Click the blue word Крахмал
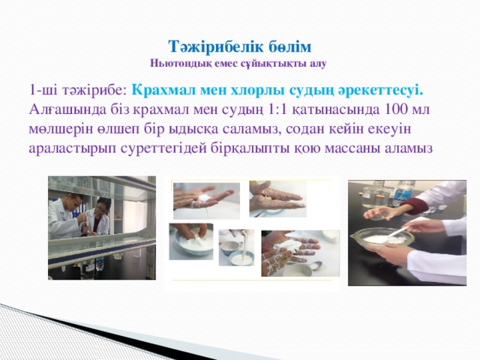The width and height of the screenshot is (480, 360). pos(163,90)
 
